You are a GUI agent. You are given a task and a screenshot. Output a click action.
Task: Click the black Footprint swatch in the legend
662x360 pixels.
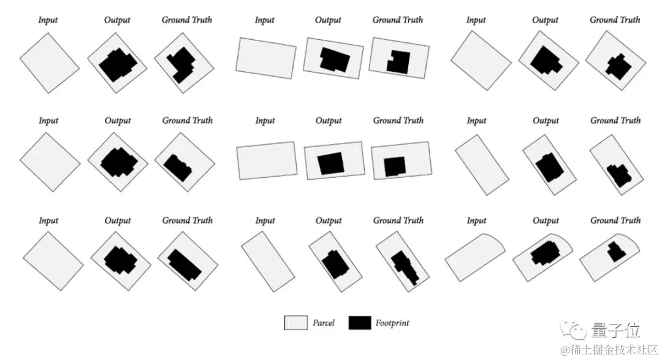click(x=360, y=323)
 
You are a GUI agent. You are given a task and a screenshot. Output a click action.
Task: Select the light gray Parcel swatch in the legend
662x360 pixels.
click(x=295, y=323)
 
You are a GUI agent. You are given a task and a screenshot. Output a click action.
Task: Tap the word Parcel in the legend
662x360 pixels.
click(x=324, y=323)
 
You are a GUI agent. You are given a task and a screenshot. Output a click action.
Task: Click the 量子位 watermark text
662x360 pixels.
click(x=616, y=331)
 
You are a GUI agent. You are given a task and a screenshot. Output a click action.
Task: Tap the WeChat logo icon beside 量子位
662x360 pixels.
click(x=577, y=331)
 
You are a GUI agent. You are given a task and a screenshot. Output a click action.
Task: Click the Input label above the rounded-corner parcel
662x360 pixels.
click(x=476, y=221)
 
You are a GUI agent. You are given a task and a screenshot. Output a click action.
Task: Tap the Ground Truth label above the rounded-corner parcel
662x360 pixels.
click(x=615, y=221)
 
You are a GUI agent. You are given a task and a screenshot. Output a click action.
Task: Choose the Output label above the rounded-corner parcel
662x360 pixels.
click(x=546, y=221)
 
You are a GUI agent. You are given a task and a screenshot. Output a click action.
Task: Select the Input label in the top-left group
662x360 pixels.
click(x=48, y=20)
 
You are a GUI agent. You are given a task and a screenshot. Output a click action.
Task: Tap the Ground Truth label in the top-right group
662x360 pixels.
click(x=615, y=20)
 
